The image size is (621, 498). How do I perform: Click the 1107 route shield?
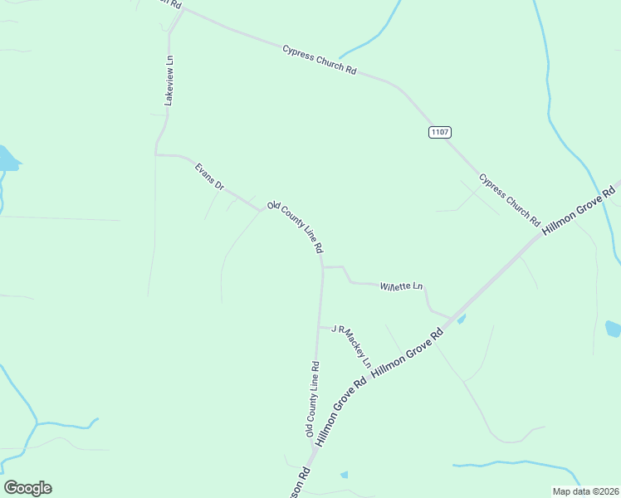pyautogui.click(x=439, y=132)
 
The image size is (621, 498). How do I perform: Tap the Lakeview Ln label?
pyautogui.click(x=169, y=80)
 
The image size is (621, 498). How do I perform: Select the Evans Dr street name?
pyautogui.click(x=209, y=177)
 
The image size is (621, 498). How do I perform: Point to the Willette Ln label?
pyautogui.click(x=401, y=287)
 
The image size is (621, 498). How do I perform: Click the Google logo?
pyautogui.click(x=27, y=488)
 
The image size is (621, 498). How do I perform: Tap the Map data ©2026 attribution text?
pyautogui.click(x=585, y=491)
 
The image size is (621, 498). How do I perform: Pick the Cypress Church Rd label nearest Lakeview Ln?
pyautogui.click(x=319, y=60)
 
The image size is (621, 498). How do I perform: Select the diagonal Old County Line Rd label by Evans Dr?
pyautogui.click(x=295, y=227)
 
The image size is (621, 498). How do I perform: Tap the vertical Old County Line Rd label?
pyautogui.click(x=312, y=399)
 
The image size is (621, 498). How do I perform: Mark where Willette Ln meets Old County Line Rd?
pyautogui.click(x=322, y=267)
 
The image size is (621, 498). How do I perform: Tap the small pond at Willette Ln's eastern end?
pyautogui.click(x=461, y=319)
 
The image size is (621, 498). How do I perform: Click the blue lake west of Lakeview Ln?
pyautogui.click(x=7, y=158)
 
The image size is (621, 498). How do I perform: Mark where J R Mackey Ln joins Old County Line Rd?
pyautogui.click(x=320, y=327)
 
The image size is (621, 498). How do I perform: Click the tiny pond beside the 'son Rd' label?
pyautogui.click(x=344, y=475)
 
